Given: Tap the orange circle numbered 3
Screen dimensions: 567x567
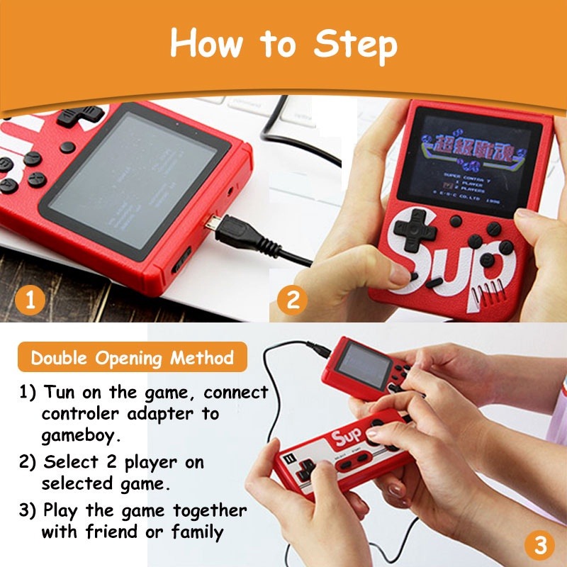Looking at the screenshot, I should pos(540,545).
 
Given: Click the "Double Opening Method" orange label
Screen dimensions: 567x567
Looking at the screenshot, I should pos(132,358).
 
